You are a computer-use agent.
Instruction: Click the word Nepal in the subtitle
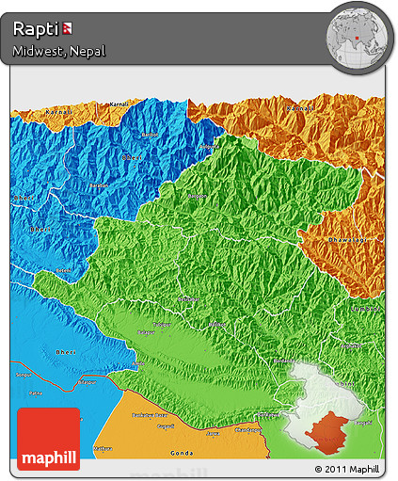point(86,51)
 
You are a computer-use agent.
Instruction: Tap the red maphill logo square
point(49,439)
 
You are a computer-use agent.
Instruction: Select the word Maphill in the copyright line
point(364,468)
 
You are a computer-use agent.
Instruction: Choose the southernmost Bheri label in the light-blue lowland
point(41,350)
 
